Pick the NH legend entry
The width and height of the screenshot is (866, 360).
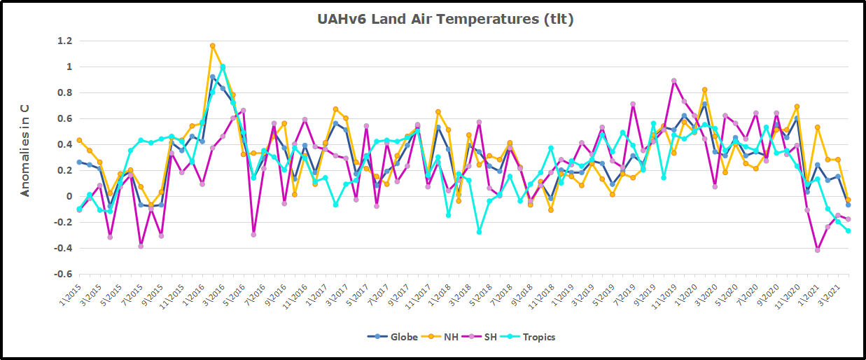(x=445, y=337)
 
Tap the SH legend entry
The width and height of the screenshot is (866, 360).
(x=488, y=337)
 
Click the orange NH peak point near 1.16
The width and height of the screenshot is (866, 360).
(x=212, y=46)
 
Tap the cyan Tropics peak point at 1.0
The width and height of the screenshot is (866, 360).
(x=223, y=67)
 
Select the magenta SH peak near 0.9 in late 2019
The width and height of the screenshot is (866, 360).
(x=674, y=81)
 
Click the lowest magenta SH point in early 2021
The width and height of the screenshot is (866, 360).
(x=817, y=250)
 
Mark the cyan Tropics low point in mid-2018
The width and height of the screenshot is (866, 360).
(x=480, y=231)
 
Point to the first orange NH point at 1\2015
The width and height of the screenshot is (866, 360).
(x=79, y=140)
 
